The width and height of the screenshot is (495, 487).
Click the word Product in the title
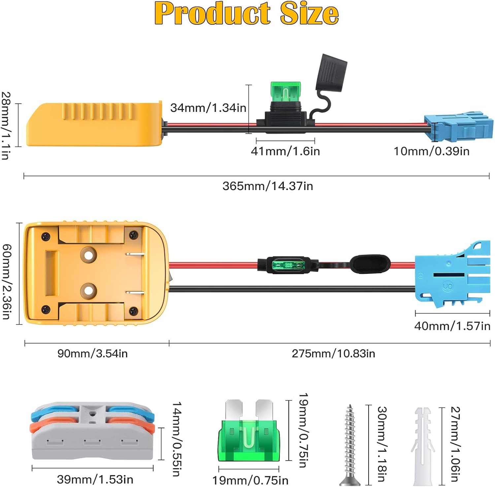(212, 13)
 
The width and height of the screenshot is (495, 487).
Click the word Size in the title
(310, 13)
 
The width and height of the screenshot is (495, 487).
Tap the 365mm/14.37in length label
(268, 186)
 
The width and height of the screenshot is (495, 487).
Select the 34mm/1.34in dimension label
(208, 108)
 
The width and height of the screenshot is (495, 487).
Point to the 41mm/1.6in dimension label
(285, 151)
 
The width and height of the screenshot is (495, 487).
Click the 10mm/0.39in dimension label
(432, 151)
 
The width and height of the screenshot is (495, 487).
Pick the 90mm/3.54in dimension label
(92, 353)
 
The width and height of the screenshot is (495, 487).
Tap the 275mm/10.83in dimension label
(333, 353)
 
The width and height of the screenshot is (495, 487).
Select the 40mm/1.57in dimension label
(452, 326)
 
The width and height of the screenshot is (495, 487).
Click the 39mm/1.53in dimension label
(95, 479)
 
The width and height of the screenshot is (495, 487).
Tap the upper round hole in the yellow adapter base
(89, 255)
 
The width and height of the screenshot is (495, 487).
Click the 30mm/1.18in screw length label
(381, 444)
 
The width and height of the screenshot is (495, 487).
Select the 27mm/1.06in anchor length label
(455, 444)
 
